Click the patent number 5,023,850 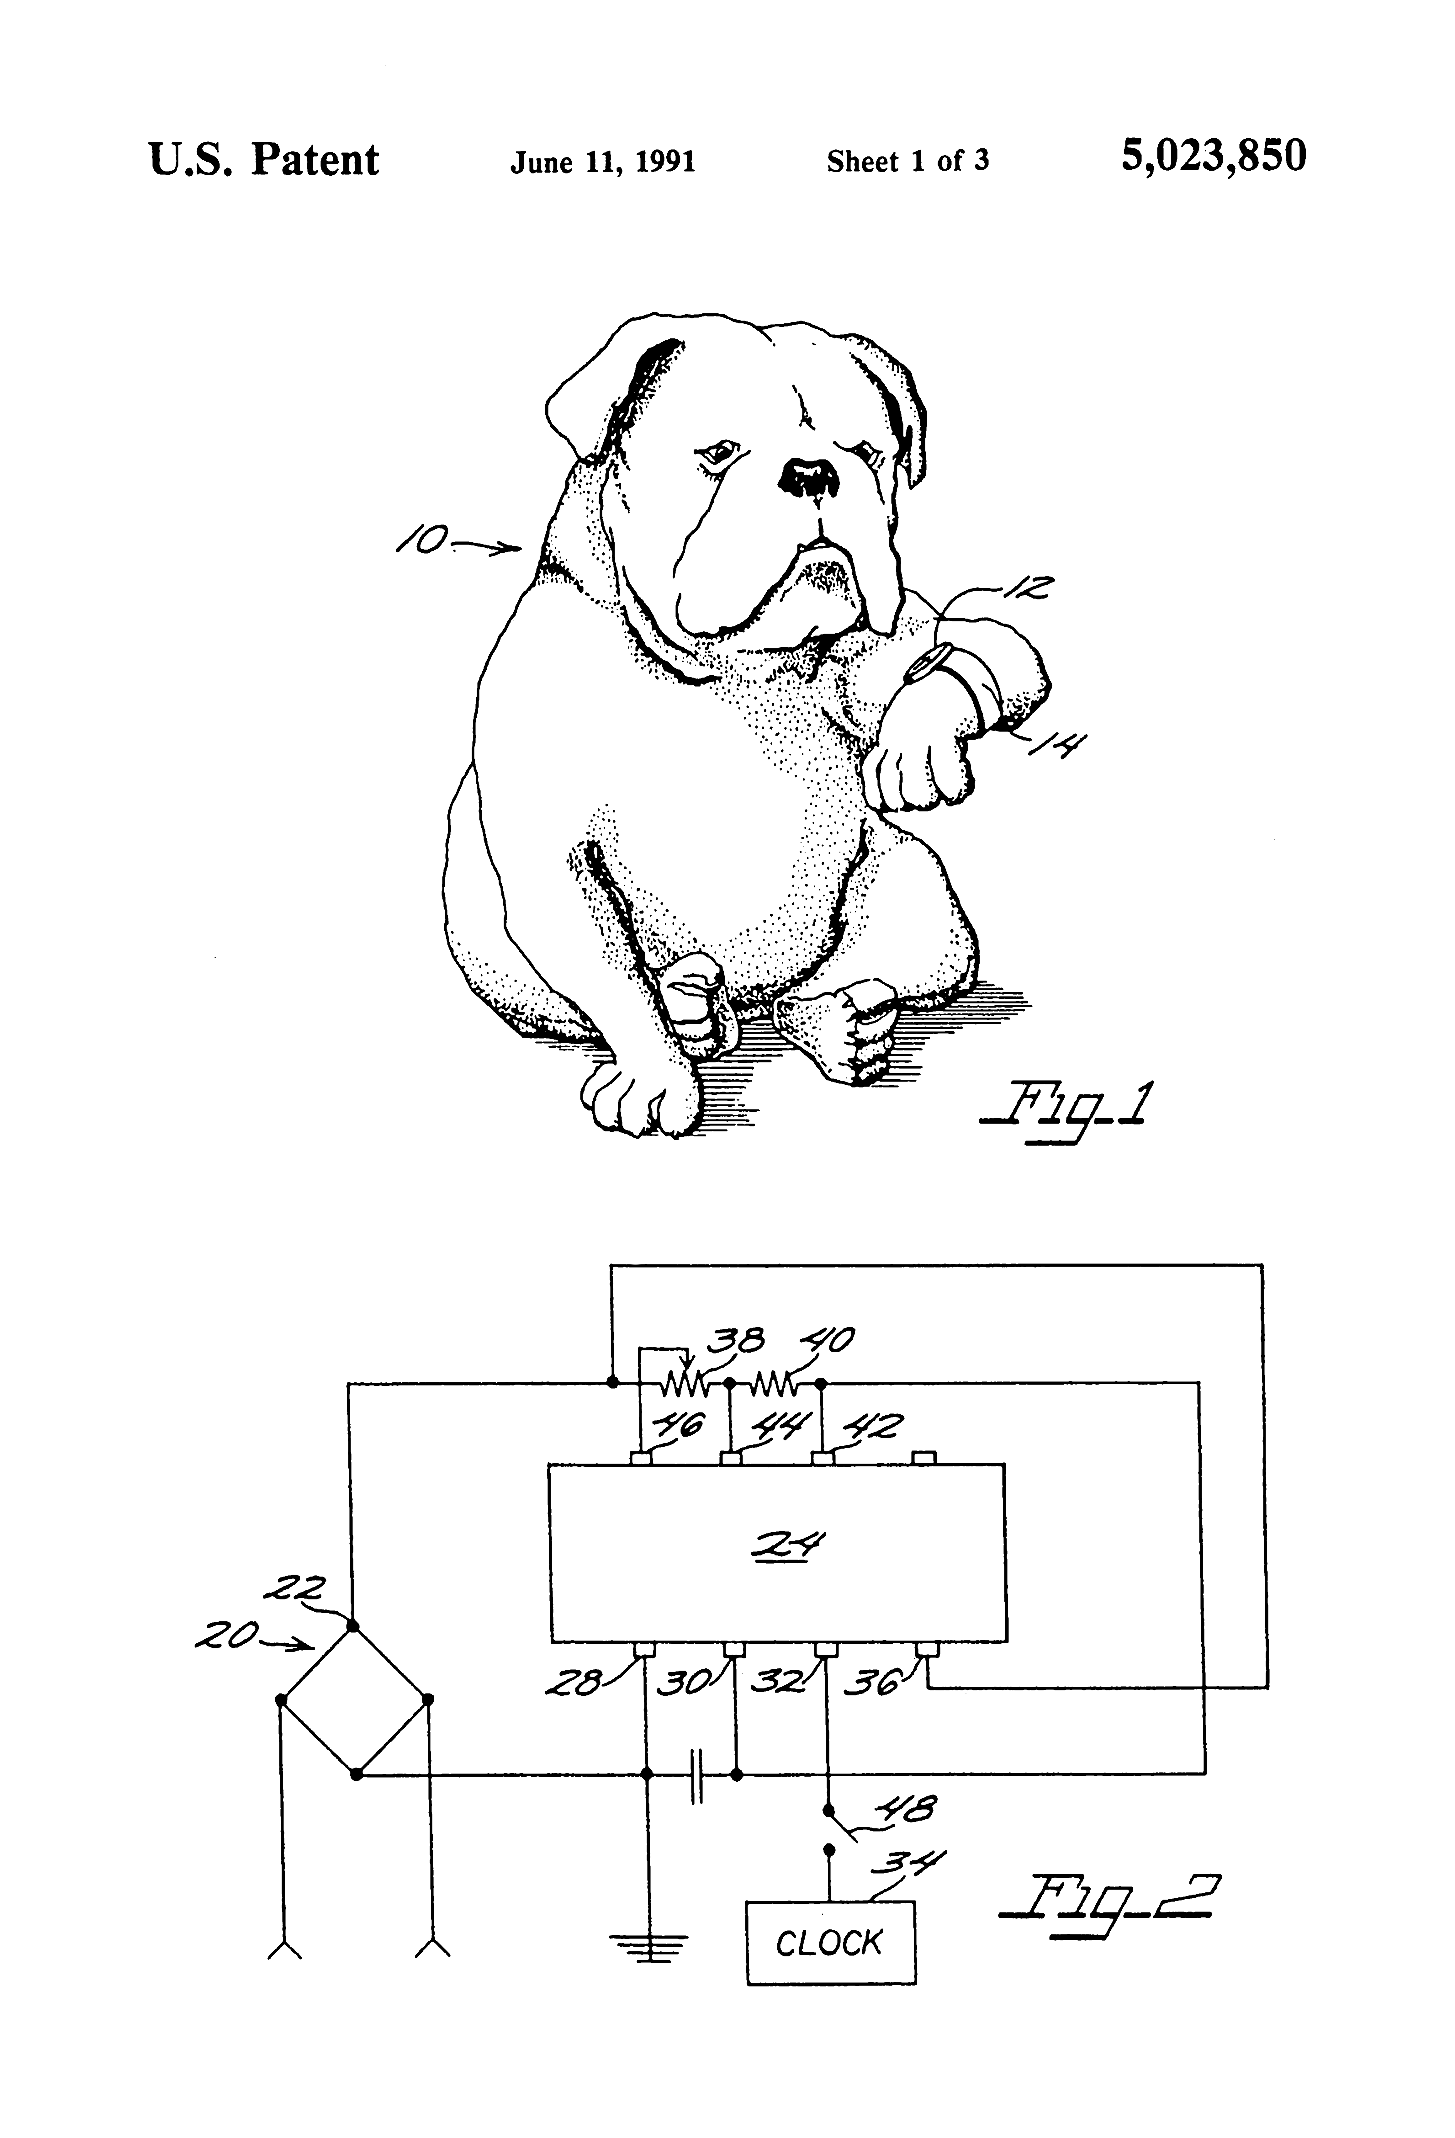point(1213,157)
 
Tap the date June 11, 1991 point(602,163)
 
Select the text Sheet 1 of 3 point(908,162)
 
